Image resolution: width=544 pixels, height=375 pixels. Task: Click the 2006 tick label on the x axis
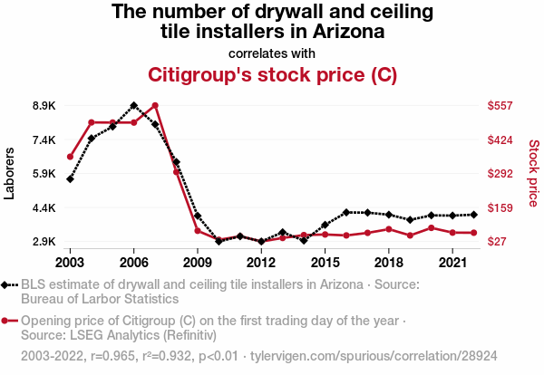tap(134, 263)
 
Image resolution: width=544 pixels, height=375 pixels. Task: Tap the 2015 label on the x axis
tap(325, 263)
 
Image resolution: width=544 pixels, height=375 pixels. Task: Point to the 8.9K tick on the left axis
tap(44, 106)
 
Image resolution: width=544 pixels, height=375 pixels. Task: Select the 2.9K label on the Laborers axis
tap(44, 242)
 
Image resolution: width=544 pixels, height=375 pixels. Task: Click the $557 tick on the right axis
tap(501, 106)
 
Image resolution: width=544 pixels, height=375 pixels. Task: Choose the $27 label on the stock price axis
tap(499, 242)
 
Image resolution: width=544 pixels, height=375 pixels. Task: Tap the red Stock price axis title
tap(533, 172)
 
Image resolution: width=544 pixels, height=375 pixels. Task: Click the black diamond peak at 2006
tap(134, 106)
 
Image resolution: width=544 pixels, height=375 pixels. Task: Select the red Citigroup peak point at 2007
tap(155, 106)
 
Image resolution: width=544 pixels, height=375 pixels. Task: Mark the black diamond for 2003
tap(70, 178)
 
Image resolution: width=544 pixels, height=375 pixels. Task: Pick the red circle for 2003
tap(70, 157)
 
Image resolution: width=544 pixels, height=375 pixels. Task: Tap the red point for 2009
tap(198, 231)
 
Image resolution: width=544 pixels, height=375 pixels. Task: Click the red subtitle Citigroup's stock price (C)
tap(272, 73)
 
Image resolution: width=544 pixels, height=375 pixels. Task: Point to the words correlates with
tap(272, 53)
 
